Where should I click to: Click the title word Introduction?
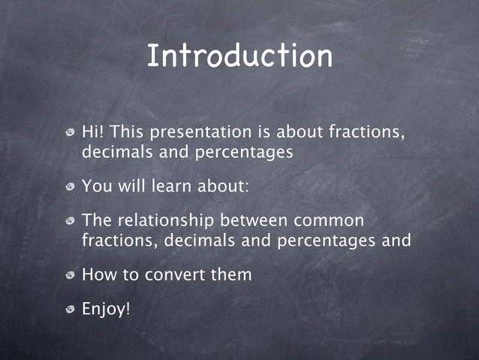point(239,56)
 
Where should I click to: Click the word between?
point(255,221)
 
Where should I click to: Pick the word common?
point(330,221)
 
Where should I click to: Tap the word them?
point(231,275)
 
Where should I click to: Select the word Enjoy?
point(106,308)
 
